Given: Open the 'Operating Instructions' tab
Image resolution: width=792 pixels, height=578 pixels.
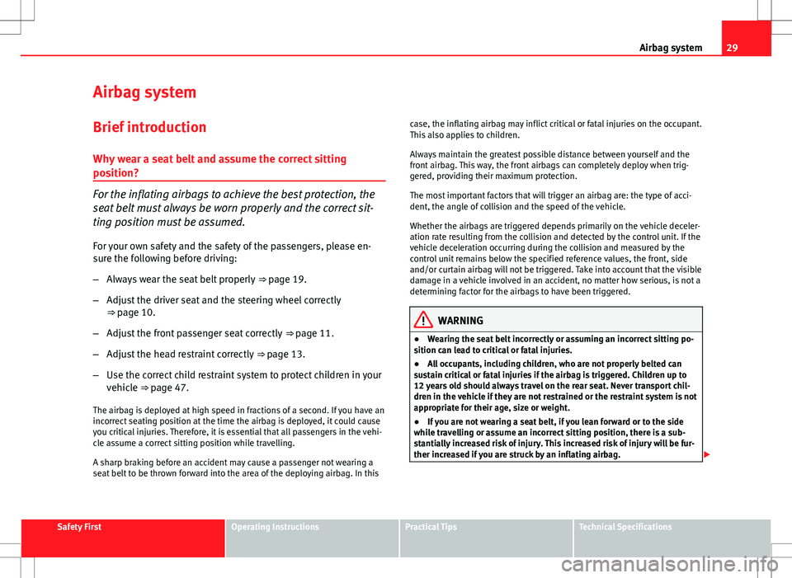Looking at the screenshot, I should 275,527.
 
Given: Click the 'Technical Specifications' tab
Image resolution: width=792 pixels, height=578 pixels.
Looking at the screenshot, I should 625,527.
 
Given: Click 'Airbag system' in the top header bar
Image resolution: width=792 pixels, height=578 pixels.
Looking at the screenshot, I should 670,49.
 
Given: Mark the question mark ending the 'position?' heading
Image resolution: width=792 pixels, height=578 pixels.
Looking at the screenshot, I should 134,175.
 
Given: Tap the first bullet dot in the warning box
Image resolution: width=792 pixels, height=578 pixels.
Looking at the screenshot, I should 419,340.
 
